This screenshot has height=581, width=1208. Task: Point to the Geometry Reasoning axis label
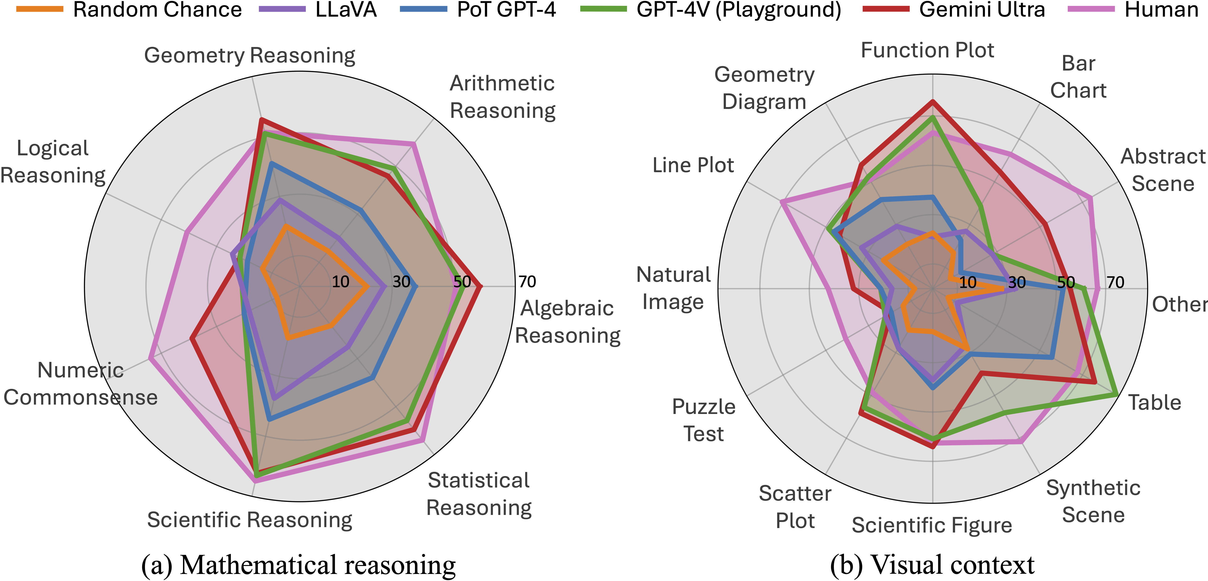coord(250,55)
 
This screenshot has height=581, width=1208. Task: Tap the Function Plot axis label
coord(927,50)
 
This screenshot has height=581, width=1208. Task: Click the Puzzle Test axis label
coord(703,420)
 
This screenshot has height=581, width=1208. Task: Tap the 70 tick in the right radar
coord(1115,282)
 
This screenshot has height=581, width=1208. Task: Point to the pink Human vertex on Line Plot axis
coord(782,201)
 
